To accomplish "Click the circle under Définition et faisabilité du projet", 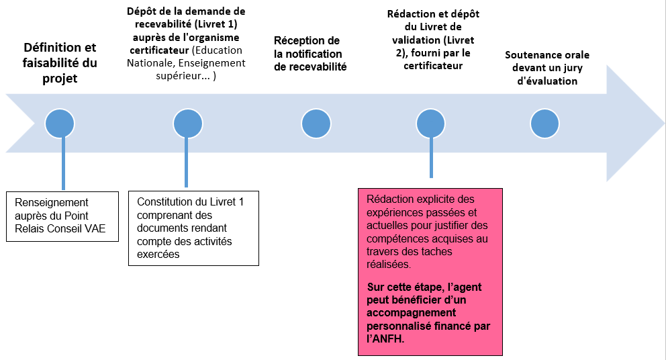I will [x=60, y=124].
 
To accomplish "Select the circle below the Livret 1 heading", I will [x=187, y=124].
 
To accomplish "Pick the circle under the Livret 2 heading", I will [x=430, y=124].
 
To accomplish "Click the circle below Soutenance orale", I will [x=544, y=124].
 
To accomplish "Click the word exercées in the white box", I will [x=156, y=254].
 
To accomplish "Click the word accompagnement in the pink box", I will [x=411, y=312].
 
